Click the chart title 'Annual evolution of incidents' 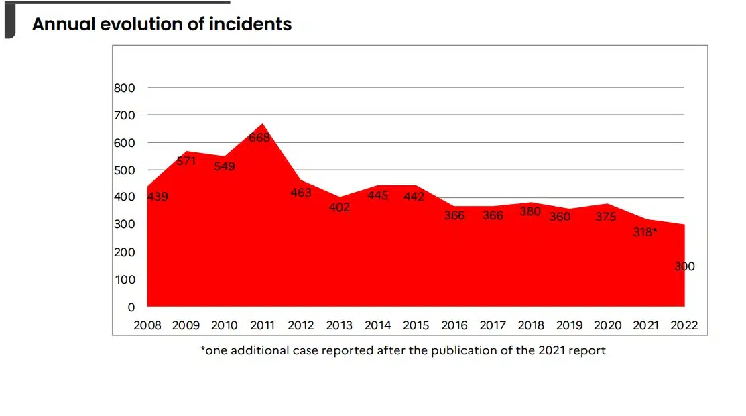pos(162,25)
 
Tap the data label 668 pos(259,138)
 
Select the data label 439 pos(158,197)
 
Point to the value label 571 pos(186,161)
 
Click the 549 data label pos(225,166)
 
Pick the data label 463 pos(301,193)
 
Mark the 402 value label pos(339,207)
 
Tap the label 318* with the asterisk pos(645,233)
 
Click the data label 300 pos(684,266)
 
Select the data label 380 pos(531,211)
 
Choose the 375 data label pos(606,217)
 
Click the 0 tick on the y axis pos(131,307)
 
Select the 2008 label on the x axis pos(147,326)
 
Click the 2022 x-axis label pos(684,326)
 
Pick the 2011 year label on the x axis pos(263,326)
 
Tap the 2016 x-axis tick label pos(454,326)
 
